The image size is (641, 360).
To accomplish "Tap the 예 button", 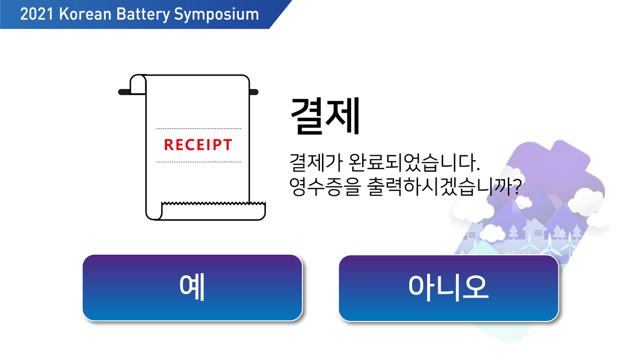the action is coord(192,287).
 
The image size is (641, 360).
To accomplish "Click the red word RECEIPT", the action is coord(198,145).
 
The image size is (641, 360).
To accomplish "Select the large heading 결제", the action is coord(325,116).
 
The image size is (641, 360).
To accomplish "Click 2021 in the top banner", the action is coord(37,14).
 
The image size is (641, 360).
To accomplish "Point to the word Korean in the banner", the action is coord(85,14).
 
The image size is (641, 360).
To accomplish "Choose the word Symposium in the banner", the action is coord(216,14).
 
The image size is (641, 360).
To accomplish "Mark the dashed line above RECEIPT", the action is coord(198,129).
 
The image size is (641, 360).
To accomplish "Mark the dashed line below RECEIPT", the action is coord(198,162).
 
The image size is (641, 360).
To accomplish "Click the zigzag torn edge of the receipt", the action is coord(213,204).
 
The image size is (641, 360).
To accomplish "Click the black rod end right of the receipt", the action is coord(254,92).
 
